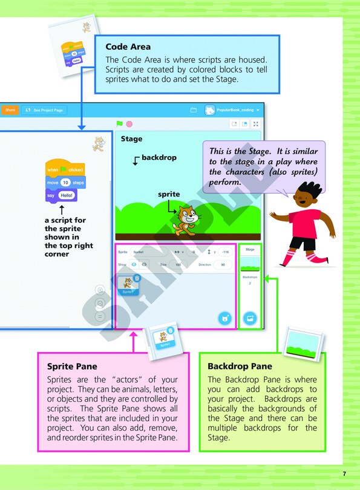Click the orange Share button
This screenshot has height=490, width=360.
coord(10,110)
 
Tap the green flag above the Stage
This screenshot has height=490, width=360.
coord(120,123)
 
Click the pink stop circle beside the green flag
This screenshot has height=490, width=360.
coord(129,124)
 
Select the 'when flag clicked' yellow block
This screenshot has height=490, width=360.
coord(65,169)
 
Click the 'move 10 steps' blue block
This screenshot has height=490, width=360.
coord(66,182)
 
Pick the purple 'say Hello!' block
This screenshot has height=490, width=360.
coord(62,195)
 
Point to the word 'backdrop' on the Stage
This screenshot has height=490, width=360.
coord(159,158)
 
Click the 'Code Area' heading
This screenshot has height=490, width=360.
coord(128,47)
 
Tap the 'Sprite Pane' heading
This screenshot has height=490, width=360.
coord(72,367)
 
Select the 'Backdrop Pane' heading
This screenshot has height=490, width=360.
coord(240,367)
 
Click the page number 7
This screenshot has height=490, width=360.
coord(344,474)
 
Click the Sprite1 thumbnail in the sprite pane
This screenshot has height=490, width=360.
coord(128,285)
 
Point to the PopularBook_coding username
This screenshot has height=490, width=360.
coord(233,110)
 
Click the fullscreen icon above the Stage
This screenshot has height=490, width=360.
coord(256,123)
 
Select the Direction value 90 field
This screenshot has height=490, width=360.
coord(223,265)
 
